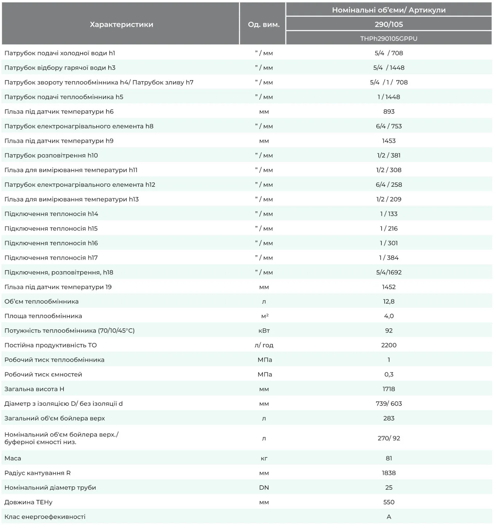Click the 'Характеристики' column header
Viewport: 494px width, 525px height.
point(121,25)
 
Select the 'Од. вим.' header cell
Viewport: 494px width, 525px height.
point(263,25)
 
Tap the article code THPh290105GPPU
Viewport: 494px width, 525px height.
point(389,38)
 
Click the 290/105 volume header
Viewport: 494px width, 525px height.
point(389,24)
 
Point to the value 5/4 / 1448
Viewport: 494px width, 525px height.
point(389,68)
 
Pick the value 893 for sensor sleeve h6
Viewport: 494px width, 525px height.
point(389,112)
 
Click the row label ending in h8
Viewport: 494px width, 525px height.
point(79,126)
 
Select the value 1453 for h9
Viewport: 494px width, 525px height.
point(389,141)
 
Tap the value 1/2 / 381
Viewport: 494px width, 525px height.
point(389,156)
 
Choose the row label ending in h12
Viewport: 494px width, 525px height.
point(80,185)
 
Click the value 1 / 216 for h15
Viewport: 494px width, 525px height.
point(389,228)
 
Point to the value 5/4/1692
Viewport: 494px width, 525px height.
point(389,272)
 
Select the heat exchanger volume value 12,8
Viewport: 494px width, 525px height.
point(389,301)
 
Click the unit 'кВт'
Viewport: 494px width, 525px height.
point(264,331)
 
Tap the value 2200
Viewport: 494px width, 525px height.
point(389,345)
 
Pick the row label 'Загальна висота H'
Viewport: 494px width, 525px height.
point(34,389)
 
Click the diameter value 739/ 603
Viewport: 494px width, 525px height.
point(389,404)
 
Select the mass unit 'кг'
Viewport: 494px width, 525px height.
point(264,458)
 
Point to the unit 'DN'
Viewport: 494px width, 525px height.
point(264,487)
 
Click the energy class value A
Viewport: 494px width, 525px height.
point(389,517)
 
